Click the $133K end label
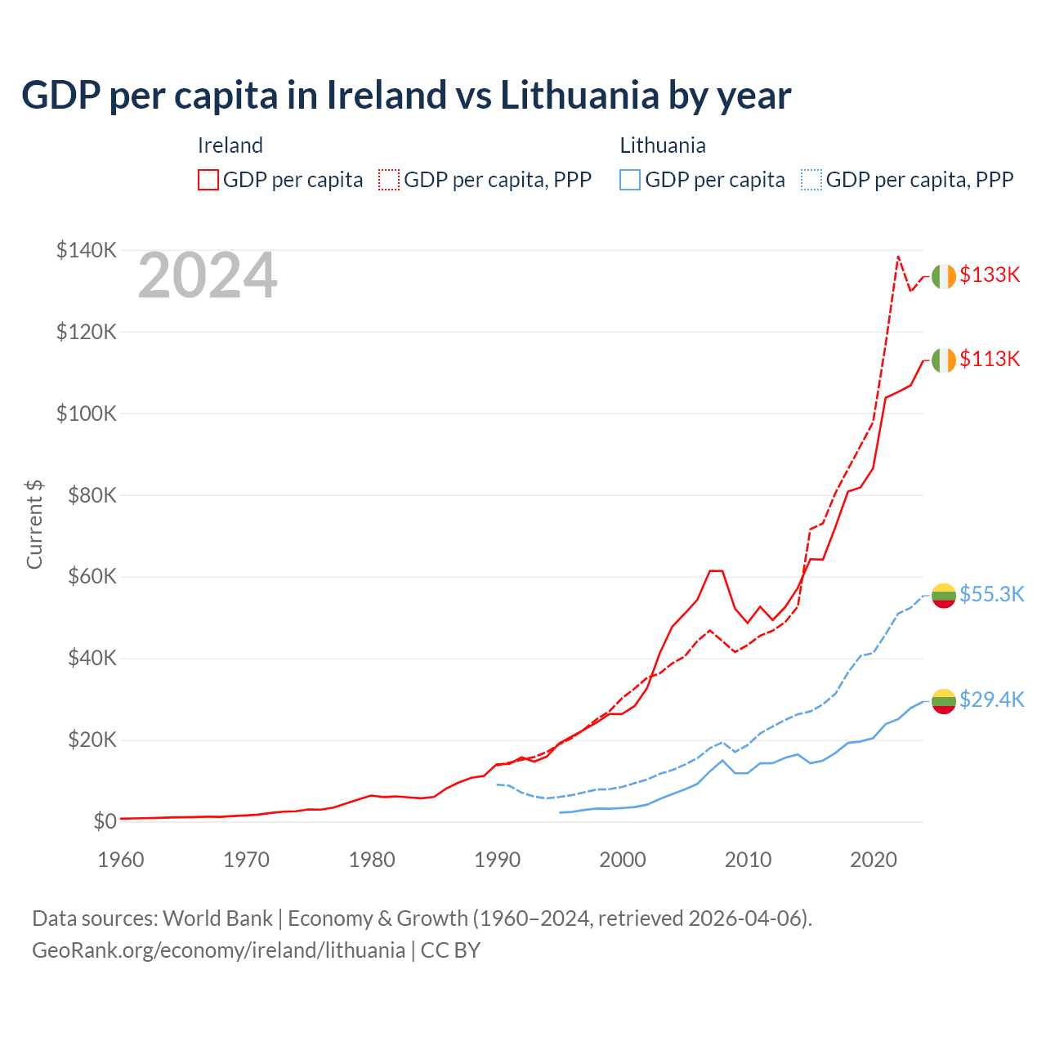(x=990, y=275)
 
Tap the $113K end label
(x=990, y=360)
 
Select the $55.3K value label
(x=991, y=595)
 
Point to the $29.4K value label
(x=991, y=700)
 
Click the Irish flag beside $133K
(x=944, y=277)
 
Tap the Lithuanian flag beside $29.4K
(x=944, y=701)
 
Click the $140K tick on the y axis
(x=86, y=251)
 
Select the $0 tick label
(x=105, y=821)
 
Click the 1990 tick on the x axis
(x=498, y=860)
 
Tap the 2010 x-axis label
(x=749, y=860)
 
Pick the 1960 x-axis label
(x=121, y=860)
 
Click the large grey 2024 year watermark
(x=208, y=276)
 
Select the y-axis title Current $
(x=34, y=525)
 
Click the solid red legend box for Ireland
(x=208, y=180)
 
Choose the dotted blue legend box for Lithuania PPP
(x=811, y=180)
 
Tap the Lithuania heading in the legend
(x=663, y=145)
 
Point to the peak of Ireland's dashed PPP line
(x=898, y=257)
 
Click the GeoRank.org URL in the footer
(x=218, y=950)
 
